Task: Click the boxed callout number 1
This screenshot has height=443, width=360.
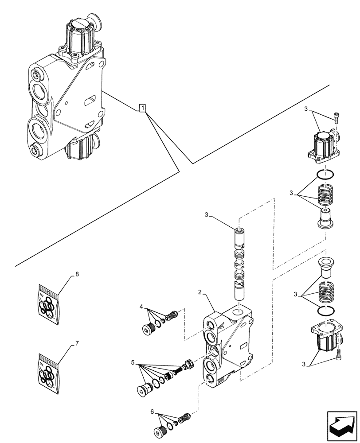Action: pyautogui.click(x=142, y=108)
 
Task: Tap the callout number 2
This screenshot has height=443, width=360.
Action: pyautogui.click(x=200, y=292)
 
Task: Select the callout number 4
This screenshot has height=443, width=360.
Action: pyautogui.click(x=141, y=307)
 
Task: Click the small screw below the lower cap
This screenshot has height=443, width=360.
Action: pyautogui.click(x=339, y=353)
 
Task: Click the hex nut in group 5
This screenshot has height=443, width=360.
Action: pyautogui.click(x=189, y=363)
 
